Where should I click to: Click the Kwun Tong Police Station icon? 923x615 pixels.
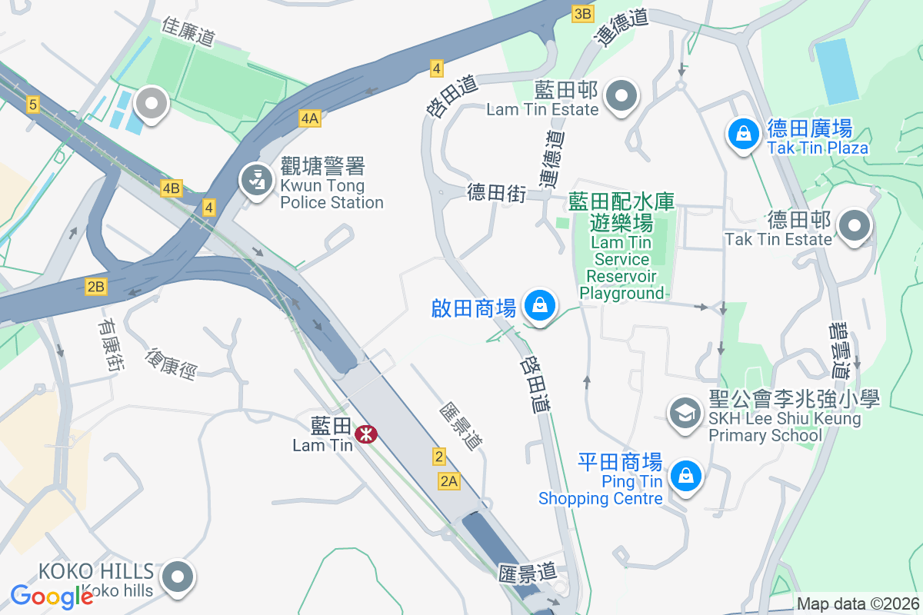pyautogui.click(x=254, y=181)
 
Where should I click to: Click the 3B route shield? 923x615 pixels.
pyautogui.click(x=583, y=13)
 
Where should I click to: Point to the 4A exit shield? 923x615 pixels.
pyautogui.click(x=309, y=118)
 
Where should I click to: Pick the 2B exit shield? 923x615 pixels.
pyautogui.click(x=95, y=287)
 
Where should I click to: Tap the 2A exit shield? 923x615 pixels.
pyautogui.click(x=449, y=481)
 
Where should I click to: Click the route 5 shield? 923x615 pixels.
pyautogui.click(x=32, y=105)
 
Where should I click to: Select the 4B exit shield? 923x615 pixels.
pyautogui.click(x=171, y=188)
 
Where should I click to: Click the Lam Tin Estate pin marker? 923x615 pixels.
pyautogui.click(x=621, y=97)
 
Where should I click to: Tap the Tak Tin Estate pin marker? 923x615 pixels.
pyautogui.click(x=854, y=227)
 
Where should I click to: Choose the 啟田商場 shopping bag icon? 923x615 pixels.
pyautogui.click(x=540, y=306)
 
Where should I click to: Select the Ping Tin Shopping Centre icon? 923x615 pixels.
pyautogui.click(x=685, y=477)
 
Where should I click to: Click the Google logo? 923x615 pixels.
pyautogui.click(x=52, y=596)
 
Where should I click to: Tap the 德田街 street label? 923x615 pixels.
pyautogui.click(x=496, y=193)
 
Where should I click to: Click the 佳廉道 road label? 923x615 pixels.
pyautogui.click(x=188, y=31)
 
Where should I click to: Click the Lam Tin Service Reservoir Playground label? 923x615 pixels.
pyautogui.click(x=621, y=246)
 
